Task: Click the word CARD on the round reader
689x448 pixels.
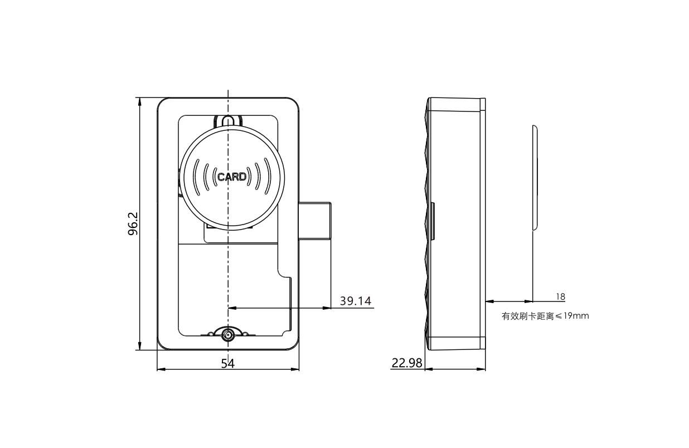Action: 231,177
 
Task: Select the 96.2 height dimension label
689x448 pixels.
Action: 133,223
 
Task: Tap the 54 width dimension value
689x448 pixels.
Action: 227,363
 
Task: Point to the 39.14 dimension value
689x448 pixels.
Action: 355,301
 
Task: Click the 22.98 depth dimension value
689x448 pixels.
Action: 406,363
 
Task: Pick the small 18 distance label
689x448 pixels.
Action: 560,297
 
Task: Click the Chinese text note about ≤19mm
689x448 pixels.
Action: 545,316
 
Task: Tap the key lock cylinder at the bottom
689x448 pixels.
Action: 228,335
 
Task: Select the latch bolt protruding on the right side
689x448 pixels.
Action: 316,221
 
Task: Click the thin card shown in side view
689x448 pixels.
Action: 534,177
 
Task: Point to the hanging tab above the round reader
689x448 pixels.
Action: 228,121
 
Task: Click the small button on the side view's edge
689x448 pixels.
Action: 433,221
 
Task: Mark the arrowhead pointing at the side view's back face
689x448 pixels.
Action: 489,301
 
